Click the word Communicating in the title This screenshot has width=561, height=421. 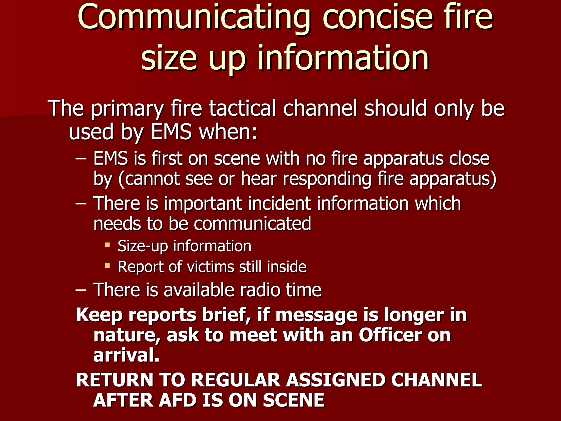194,18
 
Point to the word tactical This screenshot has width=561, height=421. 243,108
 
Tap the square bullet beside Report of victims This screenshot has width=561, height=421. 107,265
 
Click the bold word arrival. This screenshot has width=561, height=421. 126,355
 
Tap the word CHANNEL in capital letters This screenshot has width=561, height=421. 436,380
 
